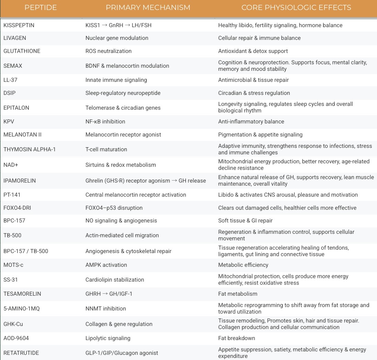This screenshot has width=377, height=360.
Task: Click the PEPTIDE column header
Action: [x=41, y=8]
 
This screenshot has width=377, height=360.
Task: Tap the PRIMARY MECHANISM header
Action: [x=148, y=8]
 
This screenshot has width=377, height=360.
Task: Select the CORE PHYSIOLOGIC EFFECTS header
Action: [x=296, y=8]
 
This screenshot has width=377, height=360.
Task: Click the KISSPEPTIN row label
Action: [x=19, y=25]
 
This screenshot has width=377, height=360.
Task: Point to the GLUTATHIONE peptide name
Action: [x=22, y=51]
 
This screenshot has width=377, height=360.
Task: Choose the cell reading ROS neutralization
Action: [x=108, y=51]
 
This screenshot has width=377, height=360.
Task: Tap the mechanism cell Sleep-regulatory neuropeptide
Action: [x=123, y=93]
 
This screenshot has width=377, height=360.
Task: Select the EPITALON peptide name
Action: [x=16, y=108]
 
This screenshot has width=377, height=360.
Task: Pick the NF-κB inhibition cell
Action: [x=105, y=121]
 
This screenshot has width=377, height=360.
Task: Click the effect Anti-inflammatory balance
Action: [x=251, y=121]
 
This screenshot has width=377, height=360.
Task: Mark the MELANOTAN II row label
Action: [x=22, y=134]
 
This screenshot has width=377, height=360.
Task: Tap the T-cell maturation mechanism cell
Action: [x=106, y=149]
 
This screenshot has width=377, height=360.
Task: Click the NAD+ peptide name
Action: [x=11, y=165]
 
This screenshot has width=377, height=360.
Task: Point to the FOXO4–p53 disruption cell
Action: [x=114, y=208]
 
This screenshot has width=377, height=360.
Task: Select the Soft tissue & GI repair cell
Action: [x=245, y=220]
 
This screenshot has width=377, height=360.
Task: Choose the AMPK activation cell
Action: [x=106, y=265]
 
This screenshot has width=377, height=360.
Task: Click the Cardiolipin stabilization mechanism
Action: [x=114, y=280]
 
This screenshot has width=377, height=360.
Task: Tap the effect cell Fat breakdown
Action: [x=236, y=338]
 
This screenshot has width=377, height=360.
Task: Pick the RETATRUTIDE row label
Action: [x=21, y=353]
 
